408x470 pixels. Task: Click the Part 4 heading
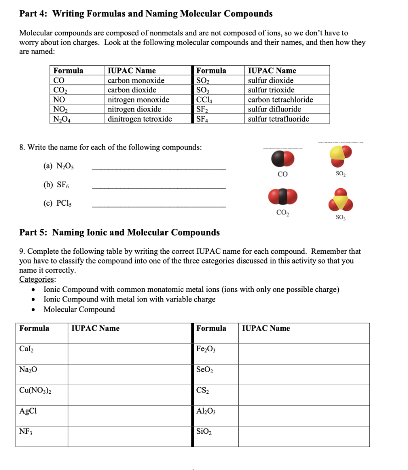[145, 14]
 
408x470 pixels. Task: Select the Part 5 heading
[119, 232]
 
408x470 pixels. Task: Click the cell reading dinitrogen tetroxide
[140, 119]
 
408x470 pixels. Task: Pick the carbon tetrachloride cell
[280, 100]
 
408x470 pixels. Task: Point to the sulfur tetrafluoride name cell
[278, 119]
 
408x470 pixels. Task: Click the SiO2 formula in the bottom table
[204, 431]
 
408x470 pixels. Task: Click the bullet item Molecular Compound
[79, 309]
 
